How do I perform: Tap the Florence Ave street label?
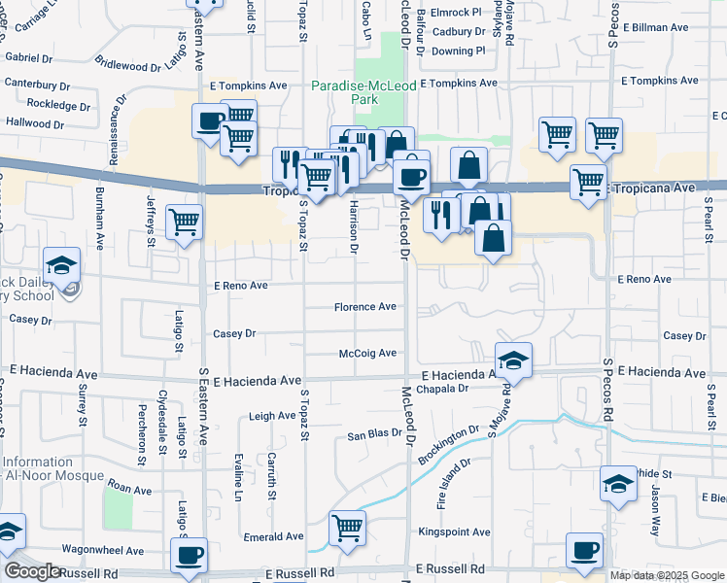click(x=365, y=307)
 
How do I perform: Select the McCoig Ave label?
click(x=367, y=354)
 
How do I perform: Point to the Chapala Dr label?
click(x=442, y=389)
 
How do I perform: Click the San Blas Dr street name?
click(x=375, y=433)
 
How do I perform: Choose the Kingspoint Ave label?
click(x=454, y=532)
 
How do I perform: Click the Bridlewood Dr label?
click(x=127, y=66)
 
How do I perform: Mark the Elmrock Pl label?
click(x=455, y=14)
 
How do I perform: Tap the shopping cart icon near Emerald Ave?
click(x=347, y=528)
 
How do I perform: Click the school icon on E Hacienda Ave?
click(x=513, y=360)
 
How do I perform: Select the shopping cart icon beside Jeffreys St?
click(x=184, y=221)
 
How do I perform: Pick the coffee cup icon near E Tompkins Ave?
click(x=210, y=121)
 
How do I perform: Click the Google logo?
click(x=33, y=571)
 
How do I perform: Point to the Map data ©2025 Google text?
click(x=666, y=575)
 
